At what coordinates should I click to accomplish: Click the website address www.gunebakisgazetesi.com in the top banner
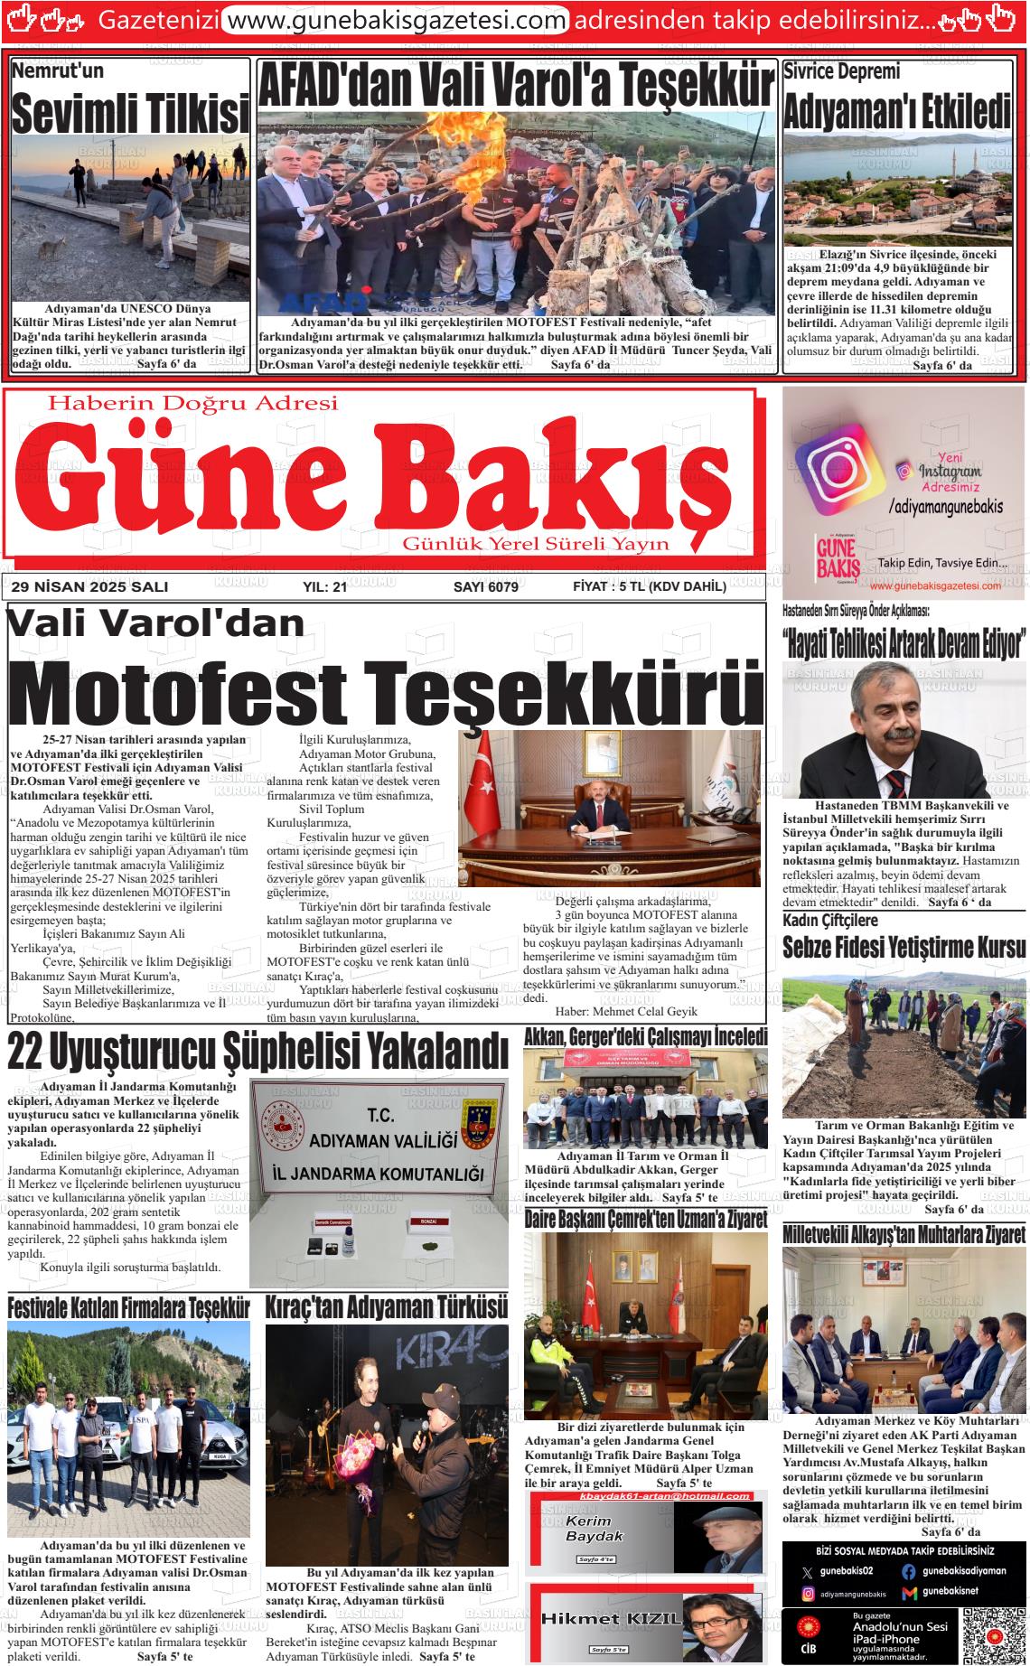pos(395,19)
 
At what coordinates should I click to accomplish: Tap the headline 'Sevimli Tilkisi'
pos(130,114)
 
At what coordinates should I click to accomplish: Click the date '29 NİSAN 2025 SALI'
pos(89,587)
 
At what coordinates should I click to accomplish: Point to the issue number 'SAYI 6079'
pos(485,587)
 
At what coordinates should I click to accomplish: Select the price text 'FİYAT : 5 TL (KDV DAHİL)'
pos(649,587)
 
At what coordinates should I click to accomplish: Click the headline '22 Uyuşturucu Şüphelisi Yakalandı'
pos(257,1052)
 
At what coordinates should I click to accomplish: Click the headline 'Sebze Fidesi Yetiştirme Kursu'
pos(904,948)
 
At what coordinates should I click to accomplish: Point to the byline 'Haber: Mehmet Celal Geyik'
pos(613,1011)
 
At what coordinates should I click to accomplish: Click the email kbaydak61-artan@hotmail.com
pos(645,1495)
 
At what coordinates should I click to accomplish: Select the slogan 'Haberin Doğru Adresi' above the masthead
pos(192,403)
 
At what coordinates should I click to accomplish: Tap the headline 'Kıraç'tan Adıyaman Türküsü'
pos(386,1307)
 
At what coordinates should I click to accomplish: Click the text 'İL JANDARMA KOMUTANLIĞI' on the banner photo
pos(379,1175)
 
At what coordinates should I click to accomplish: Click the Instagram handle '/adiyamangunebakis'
pos(945,507)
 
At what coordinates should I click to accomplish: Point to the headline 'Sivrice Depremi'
pos(841,71)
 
